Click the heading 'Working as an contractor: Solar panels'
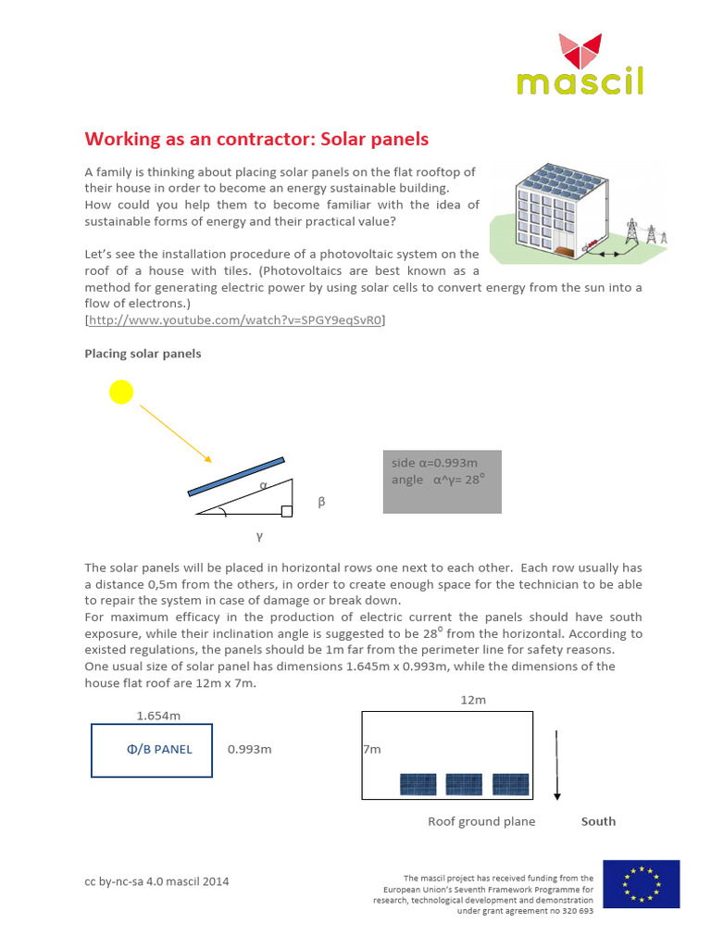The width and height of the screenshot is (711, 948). point(256,139)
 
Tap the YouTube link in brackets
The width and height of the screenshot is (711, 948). point(235,320)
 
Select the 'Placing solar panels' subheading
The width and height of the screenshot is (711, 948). point(143,354)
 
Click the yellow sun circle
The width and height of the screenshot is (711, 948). point(121,393)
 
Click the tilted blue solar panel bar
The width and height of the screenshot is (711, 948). point(236,476)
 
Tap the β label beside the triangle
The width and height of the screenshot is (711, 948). point(322,502)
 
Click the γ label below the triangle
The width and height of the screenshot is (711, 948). point(259,536)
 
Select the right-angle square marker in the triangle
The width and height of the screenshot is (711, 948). point(287,510)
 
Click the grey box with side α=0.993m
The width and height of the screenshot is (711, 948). point(442,481)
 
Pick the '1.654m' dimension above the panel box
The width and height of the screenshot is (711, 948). point(158,716)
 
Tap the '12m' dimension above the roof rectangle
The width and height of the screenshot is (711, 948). point(473,701)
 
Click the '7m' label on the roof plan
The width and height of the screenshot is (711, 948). point(372,748)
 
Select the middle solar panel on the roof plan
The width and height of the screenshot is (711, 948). point(464,784)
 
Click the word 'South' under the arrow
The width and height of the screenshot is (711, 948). point(598,821)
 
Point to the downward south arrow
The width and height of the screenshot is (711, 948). point(556,765)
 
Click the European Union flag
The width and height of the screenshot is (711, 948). point(641,883)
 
